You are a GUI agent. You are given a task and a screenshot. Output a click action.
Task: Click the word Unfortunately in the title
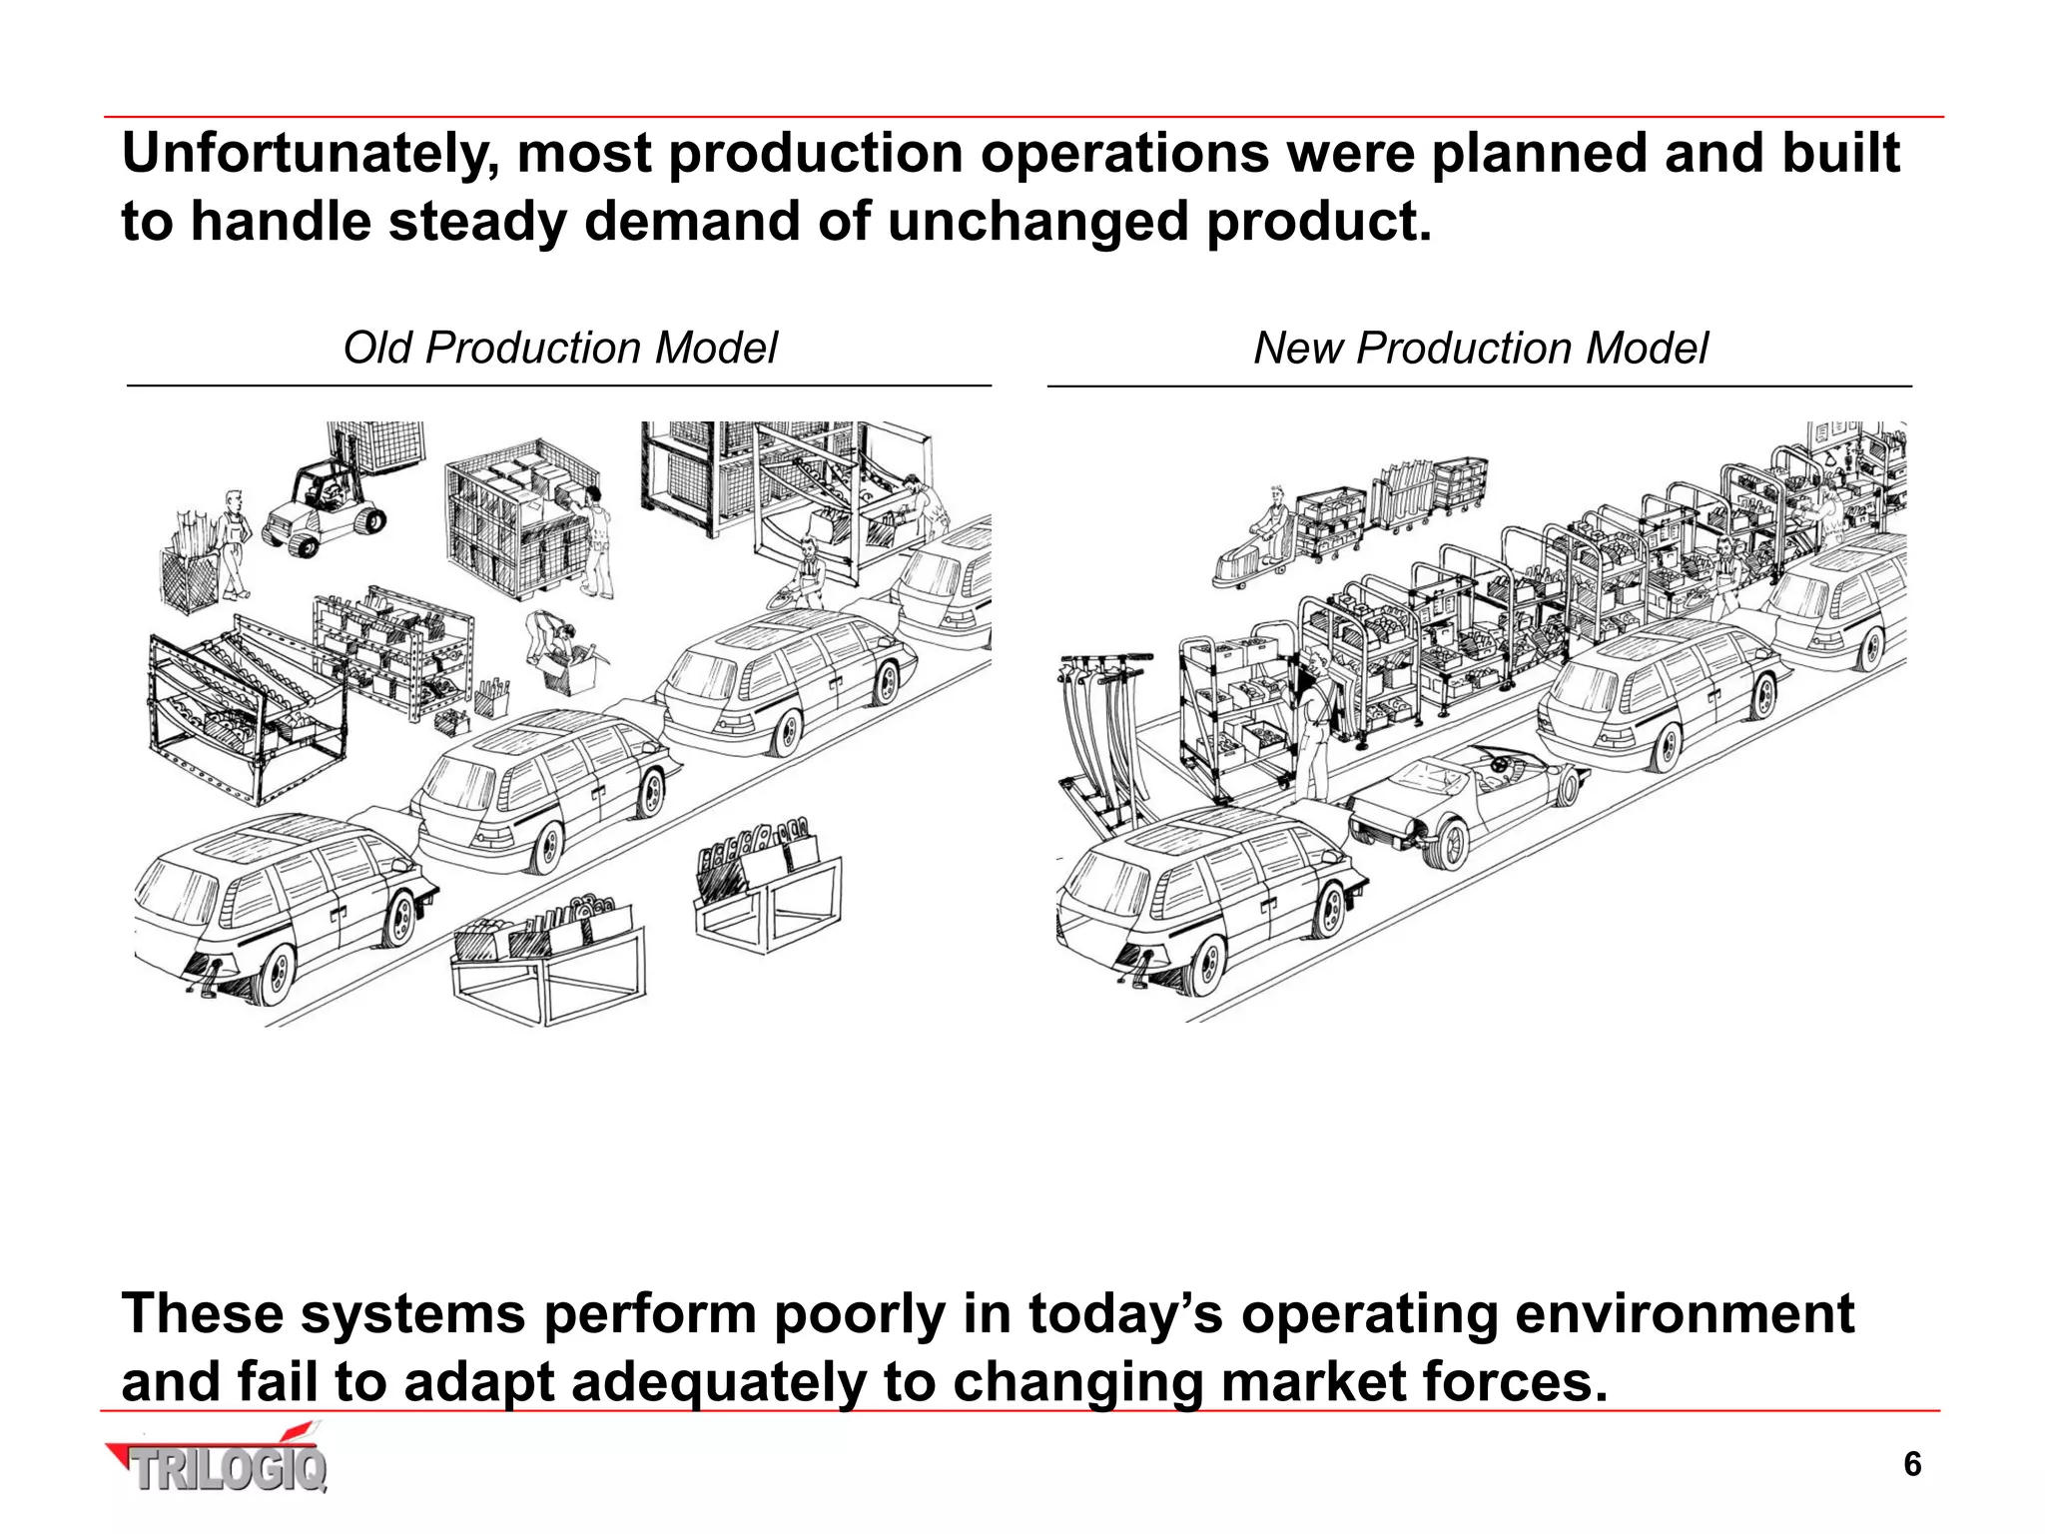(311, 156)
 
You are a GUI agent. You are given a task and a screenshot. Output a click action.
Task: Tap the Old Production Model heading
(559, 349)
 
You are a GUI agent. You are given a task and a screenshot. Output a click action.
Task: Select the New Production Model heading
(1480, 349)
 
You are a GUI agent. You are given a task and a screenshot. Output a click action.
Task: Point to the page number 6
(1912, 1464)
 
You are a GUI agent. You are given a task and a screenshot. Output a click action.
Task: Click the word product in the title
(1318, 222)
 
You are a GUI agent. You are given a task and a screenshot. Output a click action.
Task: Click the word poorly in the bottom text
(859, 1314)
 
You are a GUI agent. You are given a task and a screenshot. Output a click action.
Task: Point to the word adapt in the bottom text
(479, 1383)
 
